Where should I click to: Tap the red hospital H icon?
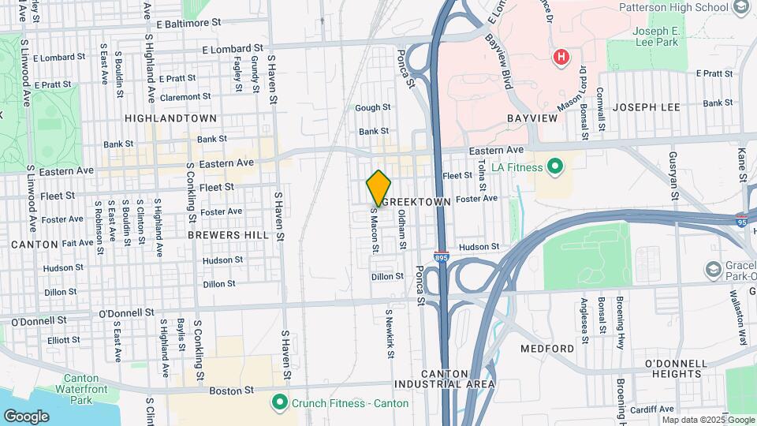point(561,57)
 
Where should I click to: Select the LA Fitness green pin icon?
point(555,166)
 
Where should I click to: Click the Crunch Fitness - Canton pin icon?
point(278,403)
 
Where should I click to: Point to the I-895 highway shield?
point(442,257)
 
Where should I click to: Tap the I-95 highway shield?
point(742,221)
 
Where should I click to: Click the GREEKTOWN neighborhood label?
point(420,202)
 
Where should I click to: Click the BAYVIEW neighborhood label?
point(532,118)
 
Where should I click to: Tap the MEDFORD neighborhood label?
point(547,348)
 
